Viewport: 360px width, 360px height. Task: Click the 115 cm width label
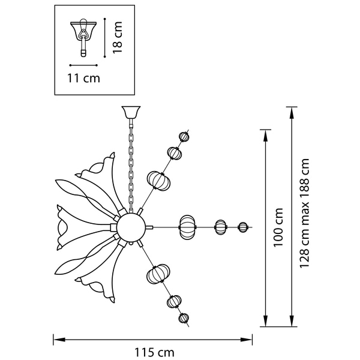tap(154, 352)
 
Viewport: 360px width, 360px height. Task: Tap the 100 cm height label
tap(278, 227)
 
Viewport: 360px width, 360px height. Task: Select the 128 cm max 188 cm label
tap(304, 213)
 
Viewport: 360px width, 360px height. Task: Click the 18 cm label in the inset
tap(118, 37)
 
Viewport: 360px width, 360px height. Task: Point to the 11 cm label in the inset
tap(83, 78)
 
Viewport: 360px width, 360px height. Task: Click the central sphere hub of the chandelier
tap(131, 227)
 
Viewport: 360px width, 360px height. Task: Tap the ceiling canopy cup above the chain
tap(131, 112)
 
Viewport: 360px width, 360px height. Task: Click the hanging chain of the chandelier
tap(131, 166)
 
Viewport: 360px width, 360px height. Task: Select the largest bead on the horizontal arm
tap(188, 227)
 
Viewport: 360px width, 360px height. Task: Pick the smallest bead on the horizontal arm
tap(242, 227)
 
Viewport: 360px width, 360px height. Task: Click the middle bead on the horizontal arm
tap(220, 227)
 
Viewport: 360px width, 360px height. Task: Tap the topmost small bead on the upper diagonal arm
tap(184, 137)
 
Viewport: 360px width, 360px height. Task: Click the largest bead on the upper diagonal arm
tap(158, 181)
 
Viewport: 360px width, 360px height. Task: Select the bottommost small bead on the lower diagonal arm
tap(184, 318)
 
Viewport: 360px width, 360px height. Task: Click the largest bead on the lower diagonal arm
tap(158, 273)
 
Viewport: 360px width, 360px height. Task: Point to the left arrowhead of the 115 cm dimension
tap(59, 340)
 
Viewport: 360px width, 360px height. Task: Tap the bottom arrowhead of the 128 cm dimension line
tap(292, 320)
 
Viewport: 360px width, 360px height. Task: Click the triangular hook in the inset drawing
tap(83, 34)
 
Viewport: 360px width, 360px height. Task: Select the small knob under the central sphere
tap(131, 243)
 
